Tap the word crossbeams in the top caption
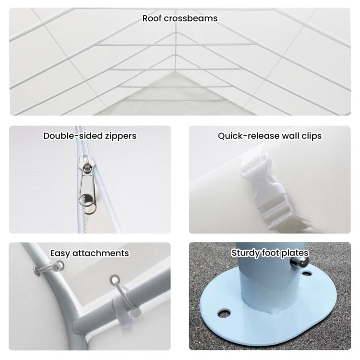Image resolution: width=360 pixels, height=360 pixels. coord(191,18)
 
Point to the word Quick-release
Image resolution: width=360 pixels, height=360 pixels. coord(249,136)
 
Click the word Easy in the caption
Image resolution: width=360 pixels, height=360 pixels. coord(60,253)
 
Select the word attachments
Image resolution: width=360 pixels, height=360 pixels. coord(101,253)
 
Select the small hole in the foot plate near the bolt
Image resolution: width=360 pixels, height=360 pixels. coord(307,274)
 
